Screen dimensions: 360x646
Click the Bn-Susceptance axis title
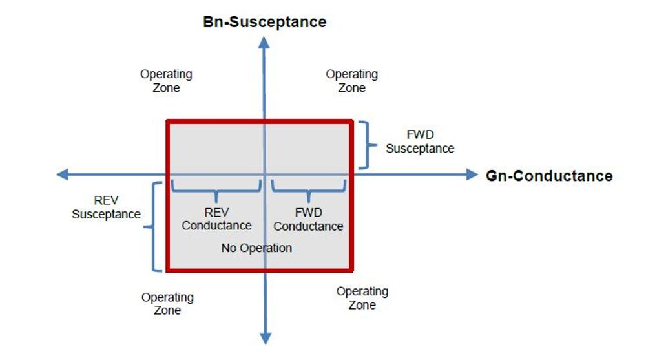click(x=265, y=22)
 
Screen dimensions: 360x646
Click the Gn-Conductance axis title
click(x=548, y=175)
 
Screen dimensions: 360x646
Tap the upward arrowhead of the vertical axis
click(x=264, y=43)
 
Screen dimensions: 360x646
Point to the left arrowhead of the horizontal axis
click(x=63, y=174)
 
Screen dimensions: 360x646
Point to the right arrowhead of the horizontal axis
click(x=471, y=174)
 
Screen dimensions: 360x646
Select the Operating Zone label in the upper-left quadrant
click(x=166, y=81)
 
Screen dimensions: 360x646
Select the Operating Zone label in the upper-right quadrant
click(x=351, y=81)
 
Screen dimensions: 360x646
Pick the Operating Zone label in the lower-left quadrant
click(x=167, y=303)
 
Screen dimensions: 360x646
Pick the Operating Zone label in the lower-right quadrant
click(x=362, y=298)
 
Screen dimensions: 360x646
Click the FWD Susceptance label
click(x=420, y=142)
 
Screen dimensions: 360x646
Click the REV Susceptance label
click(x=106, y=207)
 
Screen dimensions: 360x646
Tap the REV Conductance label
click(x=216, y=219)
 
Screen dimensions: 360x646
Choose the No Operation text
click(x=256, y=248)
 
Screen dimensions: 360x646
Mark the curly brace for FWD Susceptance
click(x=368, y=145)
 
